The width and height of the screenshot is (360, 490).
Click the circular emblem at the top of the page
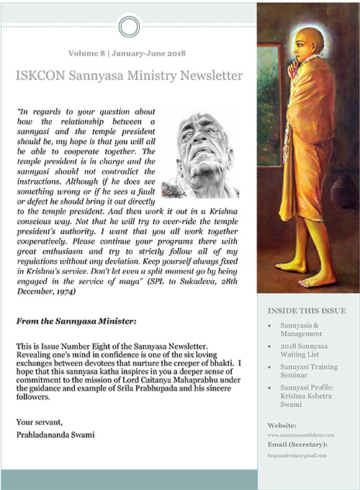coord(127,27)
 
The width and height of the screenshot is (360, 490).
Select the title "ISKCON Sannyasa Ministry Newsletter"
coord(128,75)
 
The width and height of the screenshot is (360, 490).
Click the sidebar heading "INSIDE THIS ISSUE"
coord(306,311)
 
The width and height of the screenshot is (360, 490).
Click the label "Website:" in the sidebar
coord(282,425)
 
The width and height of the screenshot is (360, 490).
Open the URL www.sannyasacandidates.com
coord(305,435)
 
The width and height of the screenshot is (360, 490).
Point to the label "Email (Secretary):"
coord(297,445)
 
